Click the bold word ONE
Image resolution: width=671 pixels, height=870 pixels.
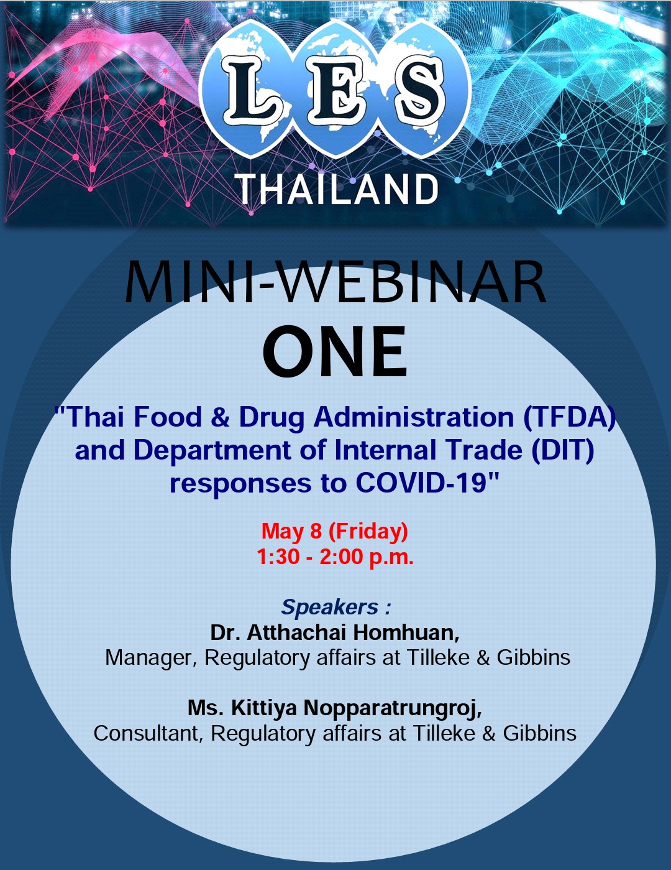pyautogui.click(x=335, y=351)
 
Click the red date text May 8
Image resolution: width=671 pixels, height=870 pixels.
pyautogui.click(x=291, y=531)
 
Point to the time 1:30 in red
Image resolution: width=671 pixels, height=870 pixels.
pyautogui.click(x=278, y=557)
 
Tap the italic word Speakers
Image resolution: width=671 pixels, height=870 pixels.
pyautogui.click(x=329, y=607)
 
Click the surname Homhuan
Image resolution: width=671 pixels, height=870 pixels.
pyautogui.click(x=406, y=632)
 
